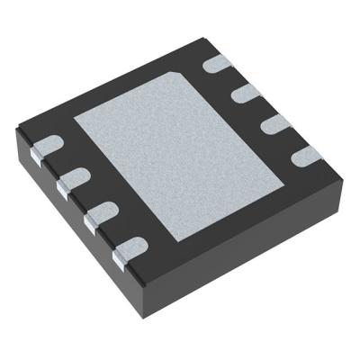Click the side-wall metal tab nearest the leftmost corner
pyautogui.click(x=37, y=157)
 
